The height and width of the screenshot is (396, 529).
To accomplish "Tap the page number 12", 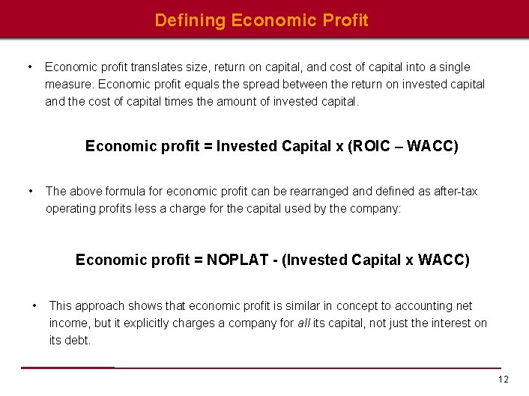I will [503, 380].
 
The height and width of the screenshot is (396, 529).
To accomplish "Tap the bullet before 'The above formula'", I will [29, 191].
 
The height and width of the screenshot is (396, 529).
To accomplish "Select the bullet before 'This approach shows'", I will [34, 305].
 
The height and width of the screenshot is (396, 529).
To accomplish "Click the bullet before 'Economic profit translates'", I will [29, 67].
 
